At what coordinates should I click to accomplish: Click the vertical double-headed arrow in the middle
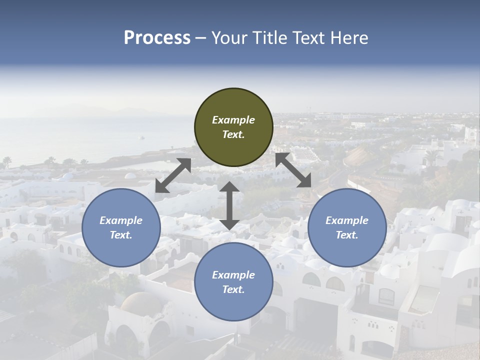coord(229,205)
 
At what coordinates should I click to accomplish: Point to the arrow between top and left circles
coord(173,175)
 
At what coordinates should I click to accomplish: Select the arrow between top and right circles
coord(293,170)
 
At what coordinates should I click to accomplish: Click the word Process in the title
coord(157,37)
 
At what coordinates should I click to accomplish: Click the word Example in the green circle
coord(233,120)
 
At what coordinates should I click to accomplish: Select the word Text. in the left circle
coord(121,235)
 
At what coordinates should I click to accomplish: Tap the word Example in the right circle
coord(347,220)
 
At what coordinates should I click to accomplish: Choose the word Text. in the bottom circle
coord(233,289)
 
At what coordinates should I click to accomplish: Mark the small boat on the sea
coord(142,137)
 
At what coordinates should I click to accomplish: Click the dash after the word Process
coord(201,38)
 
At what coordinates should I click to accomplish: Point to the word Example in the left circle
coord(121,220)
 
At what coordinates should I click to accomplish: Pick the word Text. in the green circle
coord(233,134)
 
